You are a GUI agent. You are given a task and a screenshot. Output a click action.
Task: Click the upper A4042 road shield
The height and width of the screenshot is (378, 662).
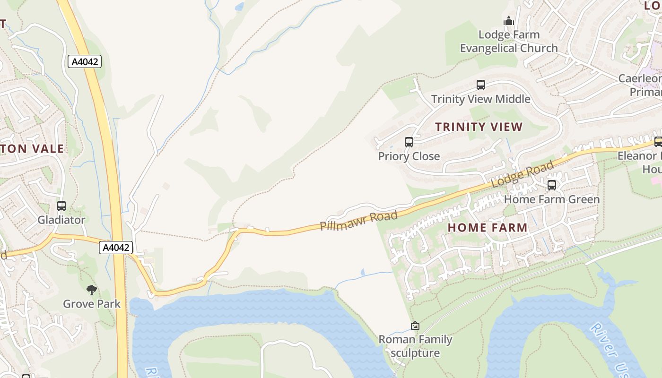click(x=85, y=61)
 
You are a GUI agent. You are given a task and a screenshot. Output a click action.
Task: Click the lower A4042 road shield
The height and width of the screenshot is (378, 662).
click(x=116, y=247)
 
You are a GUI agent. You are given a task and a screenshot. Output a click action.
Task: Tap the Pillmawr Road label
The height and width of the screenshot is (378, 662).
click(x=358, y=221)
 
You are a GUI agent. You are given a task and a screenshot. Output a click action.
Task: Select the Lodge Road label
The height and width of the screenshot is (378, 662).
click(x=523, y=174)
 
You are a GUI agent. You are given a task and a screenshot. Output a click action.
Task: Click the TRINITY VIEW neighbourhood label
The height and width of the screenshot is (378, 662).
click(x=479, y=127)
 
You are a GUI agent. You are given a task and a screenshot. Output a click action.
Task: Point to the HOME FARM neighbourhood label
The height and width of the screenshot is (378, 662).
click(x=488, y=227)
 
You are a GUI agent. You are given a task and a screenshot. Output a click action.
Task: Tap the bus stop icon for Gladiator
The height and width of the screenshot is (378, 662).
click(x=61, y=206)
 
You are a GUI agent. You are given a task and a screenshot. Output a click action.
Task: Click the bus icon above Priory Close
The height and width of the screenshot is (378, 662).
click(x=409, y=142)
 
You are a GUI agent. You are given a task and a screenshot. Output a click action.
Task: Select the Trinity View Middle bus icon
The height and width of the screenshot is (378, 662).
click(x=481, y=85)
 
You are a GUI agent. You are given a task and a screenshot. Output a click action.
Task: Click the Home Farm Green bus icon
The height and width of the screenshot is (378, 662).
click(x=552, y=185)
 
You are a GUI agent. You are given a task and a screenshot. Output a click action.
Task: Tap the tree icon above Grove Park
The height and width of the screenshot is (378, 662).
click(x=92, y=290)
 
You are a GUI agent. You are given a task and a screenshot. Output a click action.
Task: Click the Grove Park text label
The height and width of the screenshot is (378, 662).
click(x=92, y=304)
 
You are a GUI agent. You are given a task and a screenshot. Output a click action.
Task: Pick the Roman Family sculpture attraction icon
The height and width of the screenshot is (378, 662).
click(x=415, y=326)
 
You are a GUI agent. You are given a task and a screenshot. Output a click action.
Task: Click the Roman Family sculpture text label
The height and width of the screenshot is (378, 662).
click(x=416, y=346)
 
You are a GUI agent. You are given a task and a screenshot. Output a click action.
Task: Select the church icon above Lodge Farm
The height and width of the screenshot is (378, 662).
click(x=509, y=21)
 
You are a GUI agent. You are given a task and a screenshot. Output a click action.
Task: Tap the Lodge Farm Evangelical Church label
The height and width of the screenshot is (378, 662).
click(x=509, y=41)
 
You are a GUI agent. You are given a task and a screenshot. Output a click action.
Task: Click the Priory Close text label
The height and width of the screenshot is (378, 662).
click(x=409, y=156)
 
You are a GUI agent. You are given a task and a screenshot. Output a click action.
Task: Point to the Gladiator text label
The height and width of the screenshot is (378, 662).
click(x=61, y=220)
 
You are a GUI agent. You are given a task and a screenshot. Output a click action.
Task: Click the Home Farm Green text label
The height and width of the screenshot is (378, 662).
click(x=552, y=199)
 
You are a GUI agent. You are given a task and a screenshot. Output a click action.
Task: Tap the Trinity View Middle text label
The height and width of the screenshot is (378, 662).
click(x=481, y=99)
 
